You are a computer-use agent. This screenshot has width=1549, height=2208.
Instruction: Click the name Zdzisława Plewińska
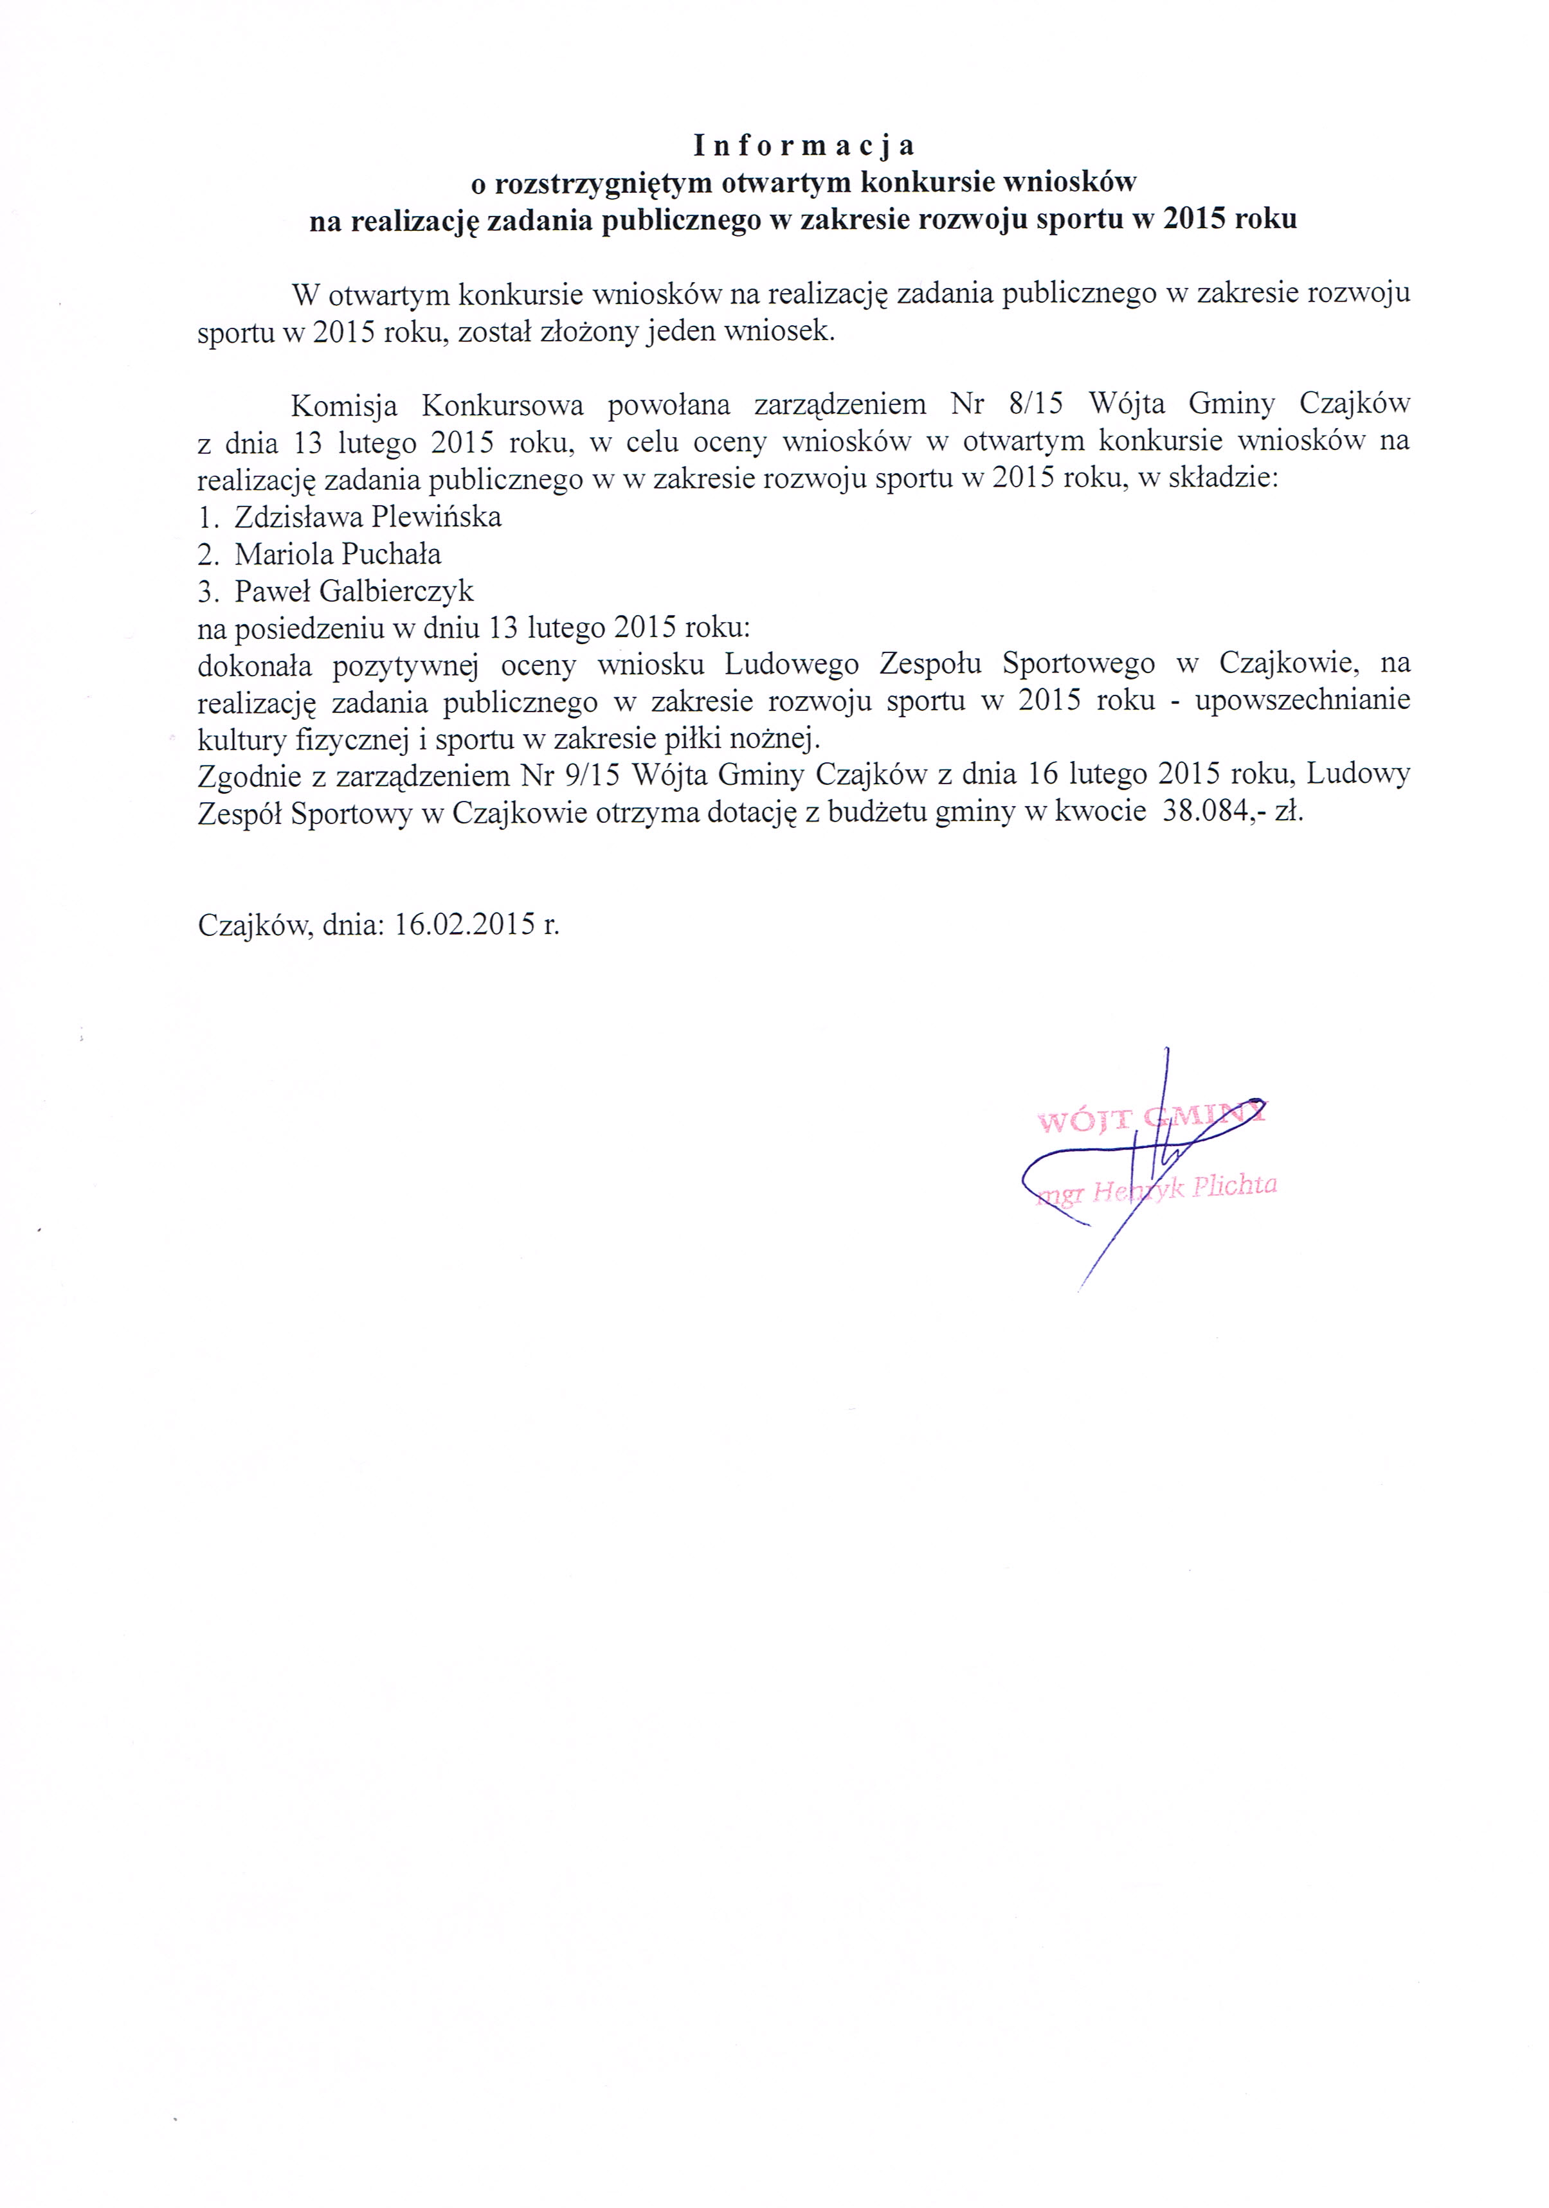click(x=368, y=517)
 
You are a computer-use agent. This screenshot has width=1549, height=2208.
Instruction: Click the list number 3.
click(x=207, y=591)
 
